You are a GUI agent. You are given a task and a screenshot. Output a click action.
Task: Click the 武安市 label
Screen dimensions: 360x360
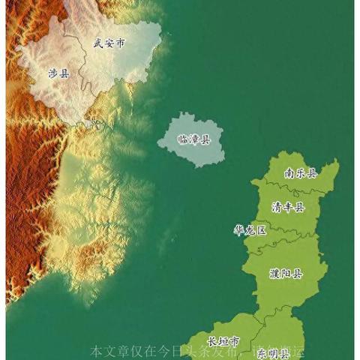coord(108,43)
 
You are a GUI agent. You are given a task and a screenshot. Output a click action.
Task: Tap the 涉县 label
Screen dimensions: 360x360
coord(58,73)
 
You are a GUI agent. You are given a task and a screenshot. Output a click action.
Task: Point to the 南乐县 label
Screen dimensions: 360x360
coord(301,173)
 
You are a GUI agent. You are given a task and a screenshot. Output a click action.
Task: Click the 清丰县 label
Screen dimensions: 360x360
coord(288,207)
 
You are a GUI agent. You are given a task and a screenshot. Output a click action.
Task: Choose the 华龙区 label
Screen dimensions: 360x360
coord(250,230)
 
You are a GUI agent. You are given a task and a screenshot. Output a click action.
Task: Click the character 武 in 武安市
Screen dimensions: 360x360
coord(97,43)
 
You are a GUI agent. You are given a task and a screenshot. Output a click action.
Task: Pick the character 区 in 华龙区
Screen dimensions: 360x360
coord(261,230)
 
